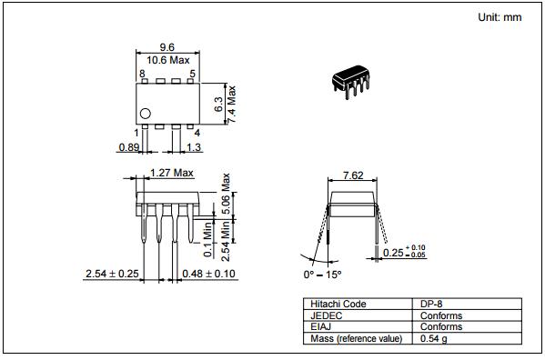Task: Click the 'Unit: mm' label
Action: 501,18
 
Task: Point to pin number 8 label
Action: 142,73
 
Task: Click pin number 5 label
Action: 192,73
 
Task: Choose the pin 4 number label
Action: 197,133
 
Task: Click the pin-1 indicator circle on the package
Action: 144,114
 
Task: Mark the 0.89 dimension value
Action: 129,146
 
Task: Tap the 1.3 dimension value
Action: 194,146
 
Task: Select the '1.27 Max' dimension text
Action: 172,172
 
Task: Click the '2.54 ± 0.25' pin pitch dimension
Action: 112,273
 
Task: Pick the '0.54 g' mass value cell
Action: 436,339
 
